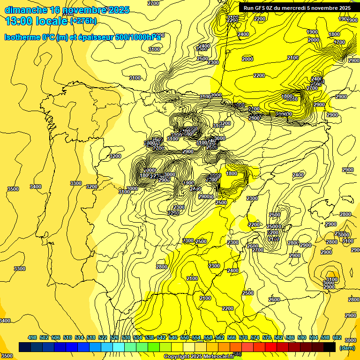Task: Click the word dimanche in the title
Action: (x=26, y=10)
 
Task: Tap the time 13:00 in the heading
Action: (x=19, y=21)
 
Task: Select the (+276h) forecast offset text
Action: (x=83, y=21)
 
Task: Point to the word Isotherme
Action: (x=21, y=37)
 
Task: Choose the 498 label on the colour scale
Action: (x=32, y=337)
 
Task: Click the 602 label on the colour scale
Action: (x=337, y=337)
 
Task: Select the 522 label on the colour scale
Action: (x=103, y=337)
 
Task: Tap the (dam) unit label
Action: (x=347, y=348)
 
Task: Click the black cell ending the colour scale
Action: (x=330, y=347)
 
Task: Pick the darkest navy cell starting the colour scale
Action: (x=25, y=347)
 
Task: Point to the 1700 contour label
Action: (x=339, y=42)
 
